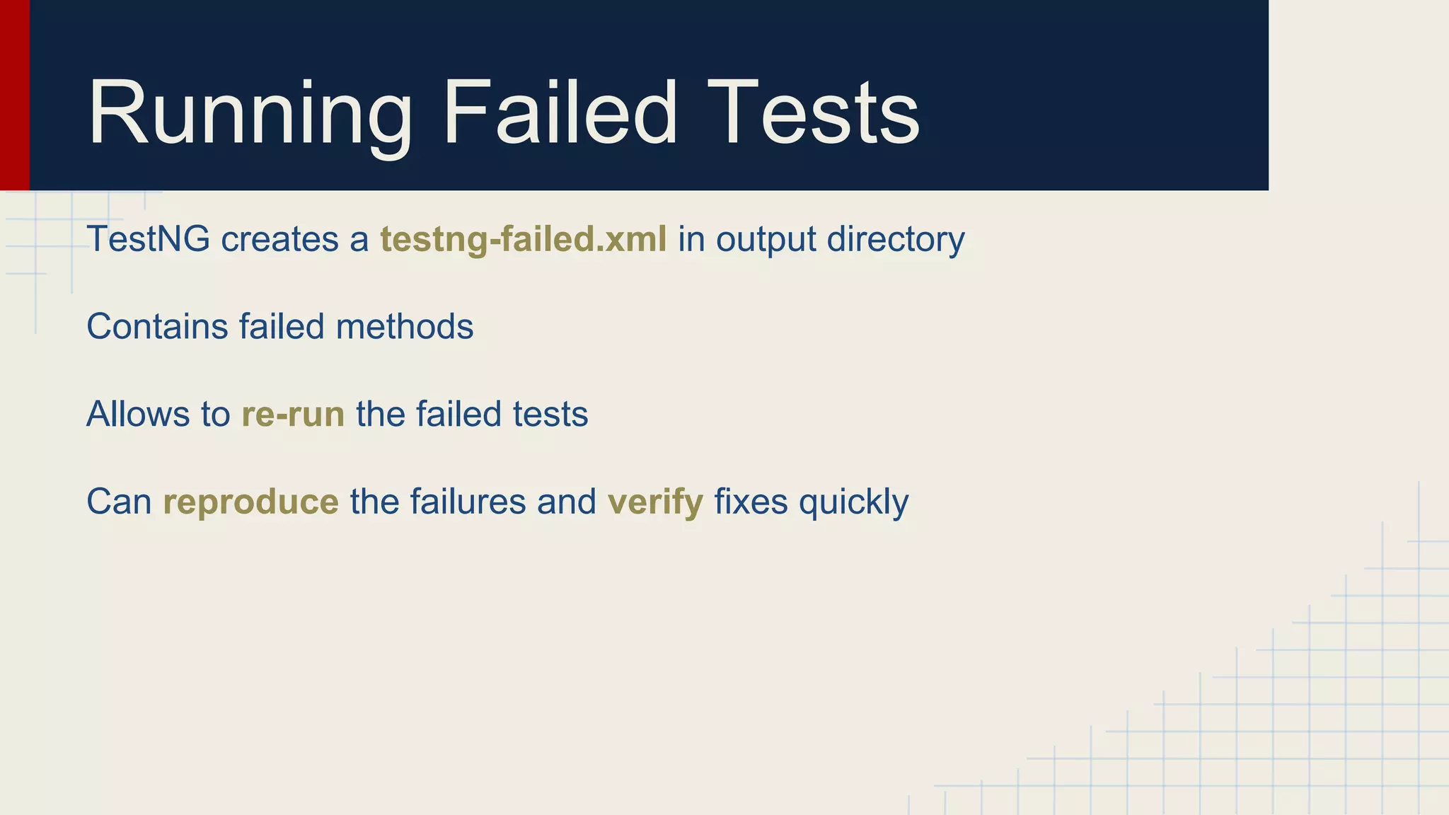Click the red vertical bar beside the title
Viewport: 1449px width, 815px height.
[14, 95]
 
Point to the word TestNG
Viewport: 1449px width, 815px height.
[148, 239]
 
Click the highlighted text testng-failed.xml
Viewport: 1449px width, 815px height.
[523, 239]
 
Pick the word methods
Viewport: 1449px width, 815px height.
[404, 327]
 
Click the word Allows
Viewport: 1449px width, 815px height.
[138, 415]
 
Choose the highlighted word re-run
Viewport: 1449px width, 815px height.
[293, 415]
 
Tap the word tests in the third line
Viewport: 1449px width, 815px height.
[550, 415]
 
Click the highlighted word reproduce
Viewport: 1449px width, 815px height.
[250, 502]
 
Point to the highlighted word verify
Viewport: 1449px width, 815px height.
[655, 502]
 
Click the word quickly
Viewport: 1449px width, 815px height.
[853, 502]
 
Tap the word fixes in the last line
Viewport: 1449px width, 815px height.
[751, 502]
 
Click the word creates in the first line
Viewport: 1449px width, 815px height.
[279, 239]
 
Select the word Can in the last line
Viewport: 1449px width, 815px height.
[119, 502]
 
